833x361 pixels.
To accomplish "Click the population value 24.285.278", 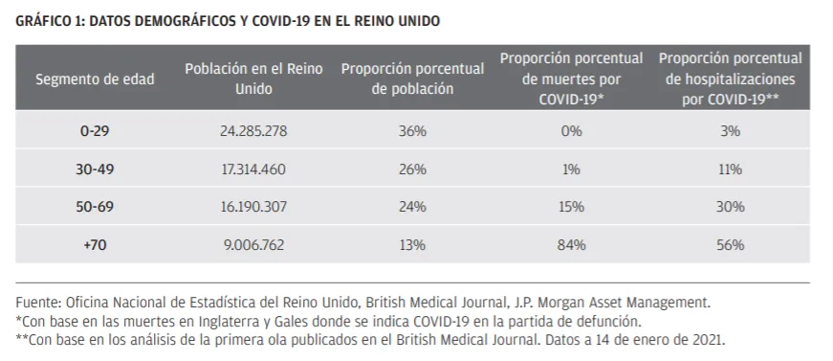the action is tap(253, 131).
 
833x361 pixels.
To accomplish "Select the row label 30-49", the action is tap(95, 169).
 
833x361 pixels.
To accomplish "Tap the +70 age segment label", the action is tap(95, 244).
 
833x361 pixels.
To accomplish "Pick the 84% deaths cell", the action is tap(571, 244).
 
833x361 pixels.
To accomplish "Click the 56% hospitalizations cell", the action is tap(730, 244).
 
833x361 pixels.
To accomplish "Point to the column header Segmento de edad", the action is tap(95, 79).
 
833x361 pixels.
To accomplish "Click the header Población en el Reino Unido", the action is tap(253, 79).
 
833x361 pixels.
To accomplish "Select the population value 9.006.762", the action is tap(253, 244).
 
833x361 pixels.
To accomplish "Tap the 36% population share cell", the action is tap(412, 131).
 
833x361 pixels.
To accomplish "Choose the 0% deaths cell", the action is tap(571, 131).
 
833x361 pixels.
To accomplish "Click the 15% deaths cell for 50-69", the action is tap(571, 206).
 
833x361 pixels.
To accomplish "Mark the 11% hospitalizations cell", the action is tap(730, 169).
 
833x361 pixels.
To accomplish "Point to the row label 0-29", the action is tap(95, 131).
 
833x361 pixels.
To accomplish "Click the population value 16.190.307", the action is tap(253, 206).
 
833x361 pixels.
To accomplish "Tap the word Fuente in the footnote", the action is tap(38, 303).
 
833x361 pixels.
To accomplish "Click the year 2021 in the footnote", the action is tap(710, 339).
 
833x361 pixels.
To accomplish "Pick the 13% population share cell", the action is tap(412, 244).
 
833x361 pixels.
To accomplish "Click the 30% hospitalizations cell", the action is tap(730, 206).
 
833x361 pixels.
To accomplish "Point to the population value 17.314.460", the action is tap(253, 169).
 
